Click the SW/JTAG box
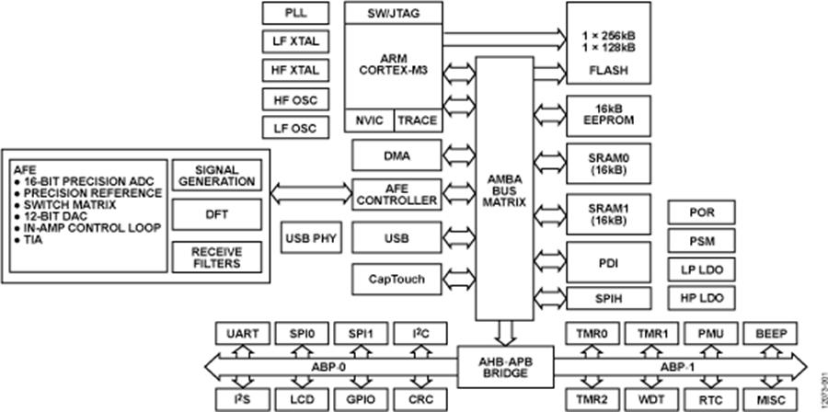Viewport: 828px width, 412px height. point(393,13)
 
